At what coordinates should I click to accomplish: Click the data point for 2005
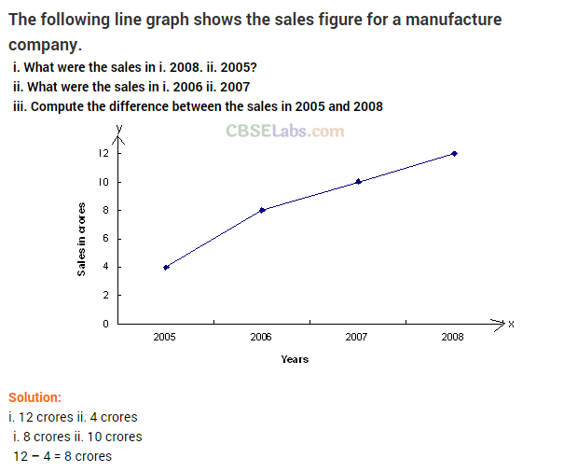pos(166,267)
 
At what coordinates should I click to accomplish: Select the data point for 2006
pos(262,210)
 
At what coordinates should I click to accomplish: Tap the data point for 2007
pos(358,181)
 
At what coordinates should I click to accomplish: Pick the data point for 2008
pos(454,153)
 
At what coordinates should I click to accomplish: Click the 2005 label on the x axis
pos(165,336)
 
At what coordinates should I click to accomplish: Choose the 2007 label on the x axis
pos(357,336)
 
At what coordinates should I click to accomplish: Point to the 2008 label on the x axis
pos(453,336)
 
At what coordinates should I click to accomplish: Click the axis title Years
pos(295,359)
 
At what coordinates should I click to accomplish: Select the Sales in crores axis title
pos(82,239)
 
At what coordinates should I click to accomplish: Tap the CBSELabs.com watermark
pos(284,132)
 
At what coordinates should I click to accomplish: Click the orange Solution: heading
pos(34,397)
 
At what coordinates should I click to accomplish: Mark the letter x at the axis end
pos(512,324)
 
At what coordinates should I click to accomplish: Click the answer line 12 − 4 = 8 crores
pos(62,456)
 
